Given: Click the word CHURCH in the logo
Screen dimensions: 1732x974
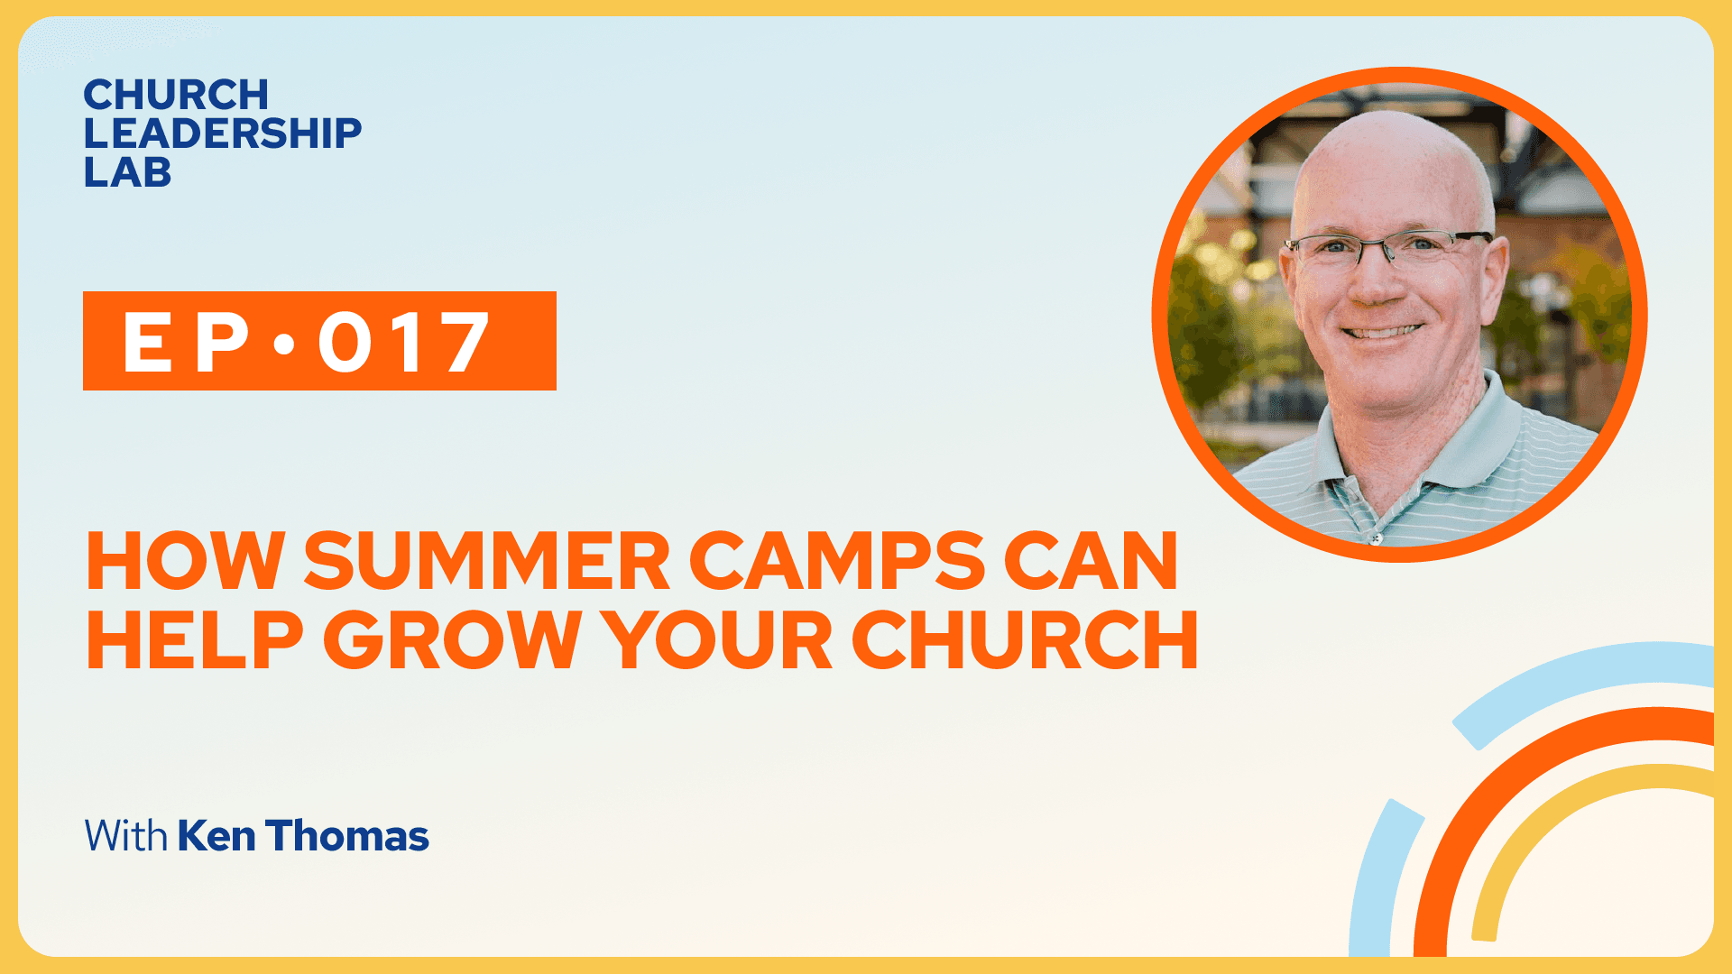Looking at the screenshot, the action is click(x=176, y=95).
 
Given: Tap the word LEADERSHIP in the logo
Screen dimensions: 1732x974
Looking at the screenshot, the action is click(x=223, y=133).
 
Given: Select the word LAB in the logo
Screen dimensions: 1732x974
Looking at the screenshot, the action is click(x=127, y=172).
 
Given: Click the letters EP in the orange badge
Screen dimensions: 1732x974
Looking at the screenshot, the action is click(x=186, y=342).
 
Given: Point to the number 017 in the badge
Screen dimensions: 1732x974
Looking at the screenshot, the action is click(x=403, y=342).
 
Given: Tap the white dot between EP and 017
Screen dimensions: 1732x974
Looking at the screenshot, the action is click(x=284, y=344).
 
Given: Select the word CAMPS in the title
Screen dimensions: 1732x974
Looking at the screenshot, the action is click(x=837, y=561).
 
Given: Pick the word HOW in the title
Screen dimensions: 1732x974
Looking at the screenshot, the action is click(x=186, y=561).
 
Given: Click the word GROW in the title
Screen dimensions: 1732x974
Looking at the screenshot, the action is click(x=452, y=639).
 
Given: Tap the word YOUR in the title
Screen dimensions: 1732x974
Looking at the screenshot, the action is click(x=716, y=639).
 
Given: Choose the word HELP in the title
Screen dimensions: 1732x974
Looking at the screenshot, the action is click(x=195, y=639).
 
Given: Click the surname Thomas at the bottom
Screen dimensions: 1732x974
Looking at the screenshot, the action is click(x=347, y=836).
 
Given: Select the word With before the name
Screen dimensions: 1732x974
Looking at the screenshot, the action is click(x=126, y=836).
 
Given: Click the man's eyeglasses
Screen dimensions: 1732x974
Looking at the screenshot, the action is click(x=1388, y=248).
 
